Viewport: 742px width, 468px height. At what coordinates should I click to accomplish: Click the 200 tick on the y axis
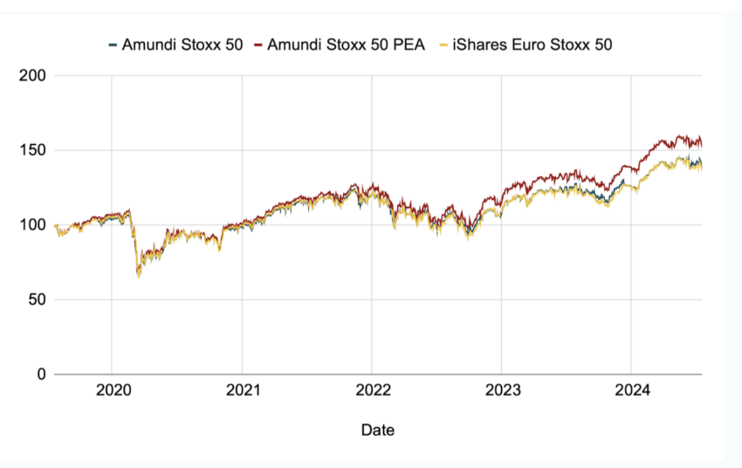pyautogui.click(x=32, y=76)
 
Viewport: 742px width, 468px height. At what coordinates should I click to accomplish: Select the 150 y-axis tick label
pyautogui.click(x=32, y=150)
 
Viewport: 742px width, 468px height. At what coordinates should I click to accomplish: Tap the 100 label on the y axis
pyautogui.click(x=32, y=225)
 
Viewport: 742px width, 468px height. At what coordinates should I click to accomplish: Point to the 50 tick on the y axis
pyautogui.click(x=36, y=299)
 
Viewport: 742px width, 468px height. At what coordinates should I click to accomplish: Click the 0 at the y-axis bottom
pyautogui.click(x=40, y=375)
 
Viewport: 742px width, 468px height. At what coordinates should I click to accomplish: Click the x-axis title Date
pyautogui.click(x=377, y=430)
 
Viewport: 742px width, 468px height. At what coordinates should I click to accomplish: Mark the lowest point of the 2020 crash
pyautogui.click(x=138, y=276)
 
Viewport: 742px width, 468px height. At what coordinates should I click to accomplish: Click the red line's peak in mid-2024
pyautogui.click(x=680, y=135)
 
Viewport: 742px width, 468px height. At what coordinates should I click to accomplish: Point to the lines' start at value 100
pyautogui.click(x=55, y=225)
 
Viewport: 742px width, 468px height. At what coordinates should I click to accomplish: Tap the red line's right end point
pyautogui.click(x=701, y=144)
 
